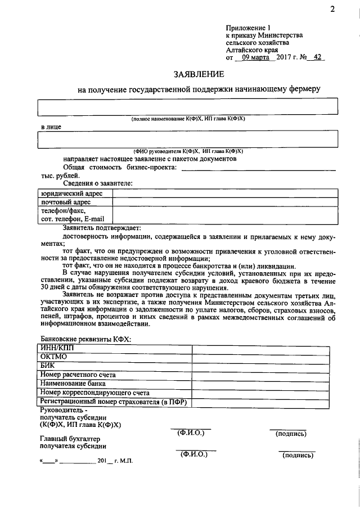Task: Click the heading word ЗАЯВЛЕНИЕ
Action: pos(199,74)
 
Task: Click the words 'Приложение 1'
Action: pos(248,26)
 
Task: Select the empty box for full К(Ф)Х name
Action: pos(188,106)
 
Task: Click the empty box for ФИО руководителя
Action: pos(188,138)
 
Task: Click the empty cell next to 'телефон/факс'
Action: pos(225,215)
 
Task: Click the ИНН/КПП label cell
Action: pos(56,348)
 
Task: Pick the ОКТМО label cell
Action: pos(53,357)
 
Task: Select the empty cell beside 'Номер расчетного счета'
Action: pos(265,375)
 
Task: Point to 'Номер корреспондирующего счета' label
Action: pos(94,393)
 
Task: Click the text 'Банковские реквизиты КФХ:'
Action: pos(85,339)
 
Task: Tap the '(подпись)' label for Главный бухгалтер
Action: pos(297,455)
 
